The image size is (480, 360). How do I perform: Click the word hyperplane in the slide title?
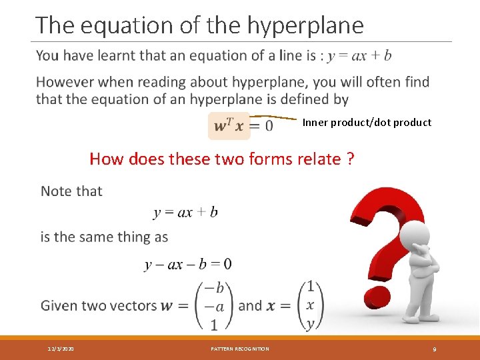point(306,25)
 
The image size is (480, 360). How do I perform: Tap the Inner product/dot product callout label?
point(367,123)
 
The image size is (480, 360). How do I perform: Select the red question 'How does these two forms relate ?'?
point(222,159)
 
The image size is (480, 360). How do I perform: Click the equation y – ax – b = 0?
point(188,264)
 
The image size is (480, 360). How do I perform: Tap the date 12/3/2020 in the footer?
point(61,349)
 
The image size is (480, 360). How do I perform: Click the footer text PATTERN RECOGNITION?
point(240,349)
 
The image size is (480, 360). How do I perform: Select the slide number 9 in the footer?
point(435,349)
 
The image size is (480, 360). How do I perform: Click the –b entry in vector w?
point(213,287)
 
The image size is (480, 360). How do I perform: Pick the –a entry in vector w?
point(213,306)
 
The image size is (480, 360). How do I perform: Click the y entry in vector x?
point(309,325)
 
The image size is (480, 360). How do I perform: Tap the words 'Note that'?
point(71,191)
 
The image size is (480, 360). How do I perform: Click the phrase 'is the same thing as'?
point(104,237)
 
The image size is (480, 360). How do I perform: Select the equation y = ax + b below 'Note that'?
point(185,213)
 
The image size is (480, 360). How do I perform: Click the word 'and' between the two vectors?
point(250,306)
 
